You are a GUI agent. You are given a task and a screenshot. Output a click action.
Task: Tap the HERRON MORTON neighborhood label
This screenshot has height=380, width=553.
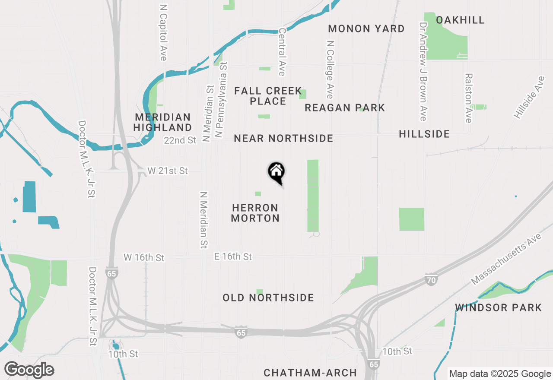255,213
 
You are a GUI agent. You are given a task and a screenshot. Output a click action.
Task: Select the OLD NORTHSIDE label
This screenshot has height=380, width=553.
268,298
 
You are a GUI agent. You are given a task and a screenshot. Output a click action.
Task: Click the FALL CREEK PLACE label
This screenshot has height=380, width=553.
268,96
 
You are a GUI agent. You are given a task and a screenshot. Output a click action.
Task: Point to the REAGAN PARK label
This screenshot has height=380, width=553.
344,108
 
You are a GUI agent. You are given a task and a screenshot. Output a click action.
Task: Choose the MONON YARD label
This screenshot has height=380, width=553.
366,28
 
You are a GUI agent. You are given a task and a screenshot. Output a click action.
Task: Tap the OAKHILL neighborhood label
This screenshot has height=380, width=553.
460,20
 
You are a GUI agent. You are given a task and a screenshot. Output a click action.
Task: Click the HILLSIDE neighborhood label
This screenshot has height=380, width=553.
424,134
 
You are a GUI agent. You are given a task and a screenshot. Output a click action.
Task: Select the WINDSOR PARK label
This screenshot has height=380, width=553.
498,307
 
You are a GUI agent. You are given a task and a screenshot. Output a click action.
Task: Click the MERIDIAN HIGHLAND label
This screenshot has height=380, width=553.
162,122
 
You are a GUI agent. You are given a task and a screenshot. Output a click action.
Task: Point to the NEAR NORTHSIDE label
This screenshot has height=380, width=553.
283,138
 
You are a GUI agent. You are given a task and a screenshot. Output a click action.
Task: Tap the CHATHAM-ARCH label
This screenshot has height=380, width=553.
310,372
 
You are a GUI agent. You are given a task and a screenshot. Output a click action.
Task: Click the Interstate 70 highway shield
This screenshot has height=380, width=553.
430,279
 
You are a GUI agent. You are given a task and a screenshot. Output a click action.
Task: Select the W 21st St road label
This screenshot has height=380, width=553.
168,171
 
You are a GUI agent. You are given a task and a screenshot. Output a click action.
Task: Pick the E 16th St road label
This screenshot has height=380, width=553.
233,256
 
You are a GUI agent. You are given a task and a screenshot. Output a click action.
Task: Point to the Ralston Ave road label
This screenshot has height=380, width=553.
468,98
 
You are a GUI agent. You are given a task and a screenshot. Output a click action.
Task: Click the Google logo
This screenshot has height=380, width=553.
29,370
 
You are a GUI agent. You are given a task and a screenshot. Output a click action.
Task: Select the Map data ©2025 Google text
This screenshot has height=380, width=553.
500,374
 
